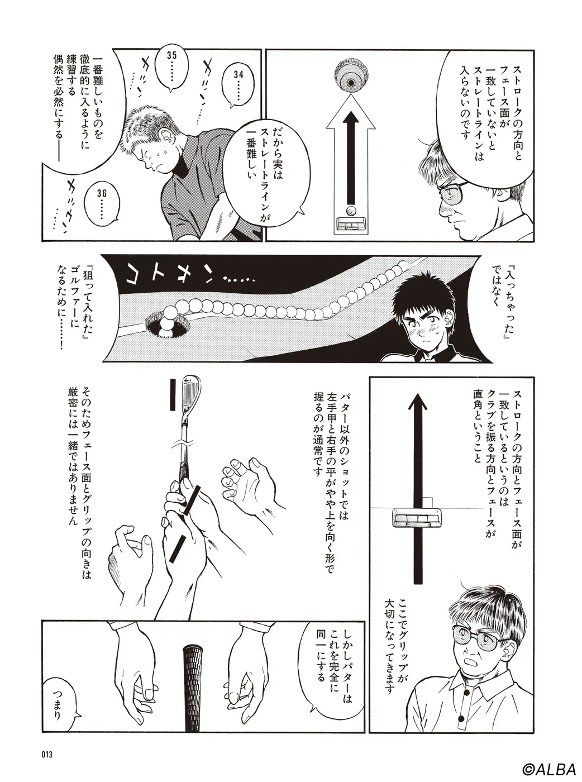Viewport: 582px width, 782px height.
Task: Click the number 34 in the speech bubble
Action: pos(238,75)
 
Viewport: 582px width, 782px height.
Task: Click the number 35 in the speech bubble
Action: pos(172,55)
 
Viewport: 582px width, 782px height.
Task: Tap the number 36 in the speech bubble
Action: pos(102,193)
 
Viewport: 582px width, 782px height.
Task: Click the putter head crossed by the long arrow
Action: pos(417,518)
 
